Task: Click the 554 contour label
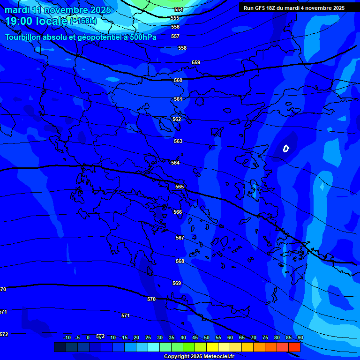click(179, 9)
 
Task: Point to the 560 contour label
click(178, 80)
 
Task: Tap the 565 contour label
click(180, 187)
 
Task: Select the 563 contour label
click(178, 141)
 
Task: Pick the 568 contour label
click(180, 261)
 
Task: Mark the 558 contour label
click(182, 48)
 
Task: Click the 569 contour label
click(177, 283)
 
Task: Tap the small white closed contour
click(286, 149)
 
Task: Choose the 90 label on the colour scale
click(300, 337)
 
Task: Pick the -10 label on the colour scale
click(67, 337)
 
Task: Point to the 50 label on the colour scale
click(207, 337)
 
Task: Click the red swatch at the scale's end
click(294, 347)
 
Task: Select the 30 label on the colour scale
click(160, 337)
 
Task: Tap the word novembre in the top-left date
click(67, 10)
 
